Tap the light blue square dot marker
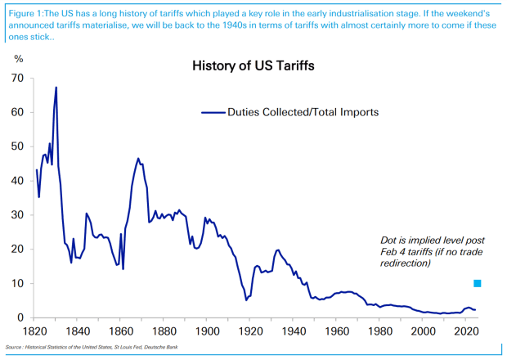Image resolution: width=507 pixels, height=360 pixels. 478,283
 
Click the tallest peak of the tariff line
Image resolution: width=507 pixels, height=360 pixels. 56,88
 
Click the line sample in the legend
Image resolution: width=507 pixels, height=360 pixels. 213,112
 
